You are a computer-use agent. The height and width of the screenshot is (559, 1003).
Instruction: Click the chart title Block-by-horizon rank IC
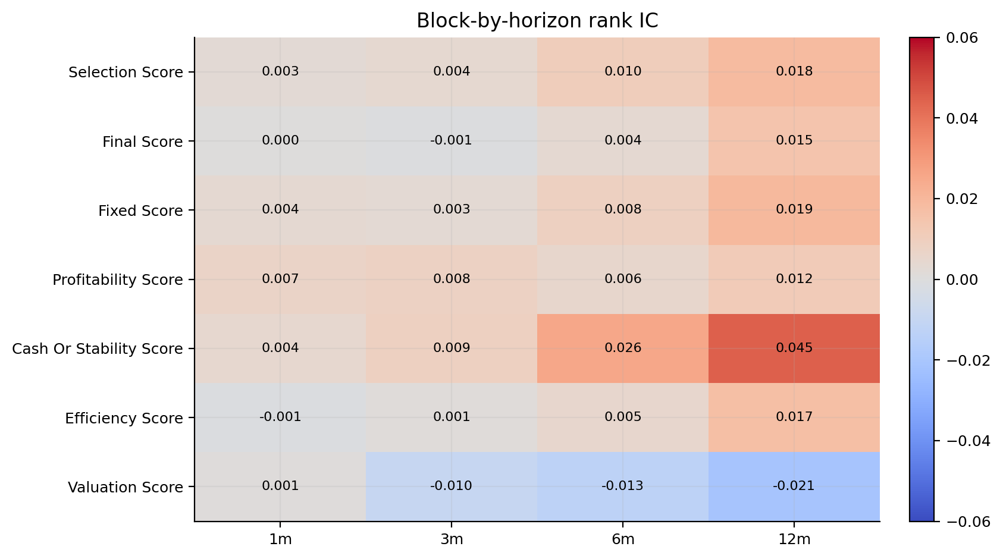pos(537,21)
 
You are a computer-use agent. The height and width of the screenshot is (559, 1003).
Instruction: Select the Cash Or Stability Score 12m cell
pos(794,348)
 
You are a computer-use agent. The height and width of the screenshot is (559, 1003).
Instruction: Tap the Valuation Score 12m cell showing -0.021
pos(794,486)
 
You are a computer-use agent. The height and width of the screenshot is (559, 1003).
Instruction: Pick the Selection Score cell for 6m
pos(623,71)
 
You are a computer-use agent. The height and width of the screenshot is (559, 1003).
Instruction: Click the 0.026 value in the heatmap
pos(623,348)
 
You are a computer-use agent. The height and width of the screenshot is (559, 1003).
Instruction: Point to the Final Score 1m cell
pos(280,141)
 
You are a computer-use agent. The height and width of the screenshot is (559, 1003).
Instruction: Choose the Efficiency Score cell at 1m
pos(280,417)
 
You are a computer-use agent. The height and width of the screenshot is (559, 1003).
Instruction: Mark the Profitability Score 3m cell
pos(452,279)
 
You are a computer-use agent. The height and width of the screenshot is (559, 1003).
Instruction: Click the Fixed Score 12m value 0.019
pos(794,209)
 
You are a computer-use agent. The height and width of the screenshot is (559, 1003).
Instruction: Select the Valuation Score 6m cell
pos(623,486)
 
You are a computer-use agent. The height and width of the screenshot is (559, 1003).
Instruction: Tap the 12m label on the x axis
pos(794,539)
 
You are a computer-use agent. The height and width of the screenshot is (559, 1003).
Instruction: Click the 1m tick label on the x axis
pos(280,539)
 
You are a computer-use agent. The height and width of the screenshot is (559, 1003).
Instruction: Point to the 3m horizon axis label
pos(452,539)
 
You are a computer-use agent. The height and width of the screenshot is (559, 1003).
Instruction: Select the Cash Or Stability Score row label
pos(97,348)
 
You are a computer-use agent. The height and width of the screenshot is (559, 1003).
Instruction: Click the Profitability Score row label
pos(118,279)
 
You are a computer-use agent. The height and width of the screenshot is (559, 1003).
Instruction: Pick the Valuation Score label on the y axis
pos(126,487)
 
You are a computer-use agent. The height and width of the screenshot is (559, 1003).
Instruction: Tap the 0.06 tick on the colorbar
pos(962,37)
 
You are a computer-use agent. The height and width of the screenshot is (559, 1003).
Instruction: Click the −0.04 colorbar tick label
pos(968,441)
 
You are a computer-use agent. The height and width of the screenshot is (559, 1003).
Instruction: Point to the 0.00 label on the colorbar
pos(962,279)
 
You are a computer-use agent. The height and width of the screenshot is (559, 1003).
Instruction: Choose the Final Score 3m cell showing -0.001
pos(452,140)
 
